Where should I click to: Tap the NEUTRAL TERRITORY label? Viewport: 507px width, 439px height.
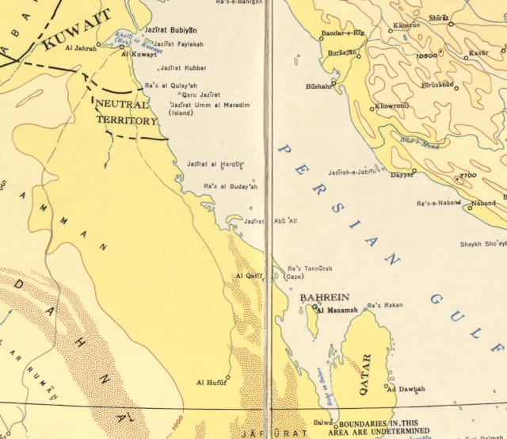click(126, 113)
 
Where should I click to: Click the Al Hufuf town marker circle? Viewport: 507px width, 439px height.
click(227, 377)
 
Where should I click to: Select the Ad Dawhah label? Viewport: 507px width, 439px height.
click(406, 389)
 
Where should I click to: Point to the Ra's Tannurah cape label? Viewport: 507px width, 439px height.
click(305, 269)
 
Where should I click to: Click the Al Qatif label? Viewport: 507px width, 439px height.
click(248, 276)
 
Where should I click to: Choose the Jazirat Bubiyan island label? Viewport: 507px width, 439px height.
click(170, 30)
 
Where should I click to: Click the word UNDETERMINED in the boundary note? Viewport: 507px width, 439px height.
click(383, 433)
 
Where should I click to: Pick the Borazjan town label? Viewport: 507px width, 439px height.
click(341, 52)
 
